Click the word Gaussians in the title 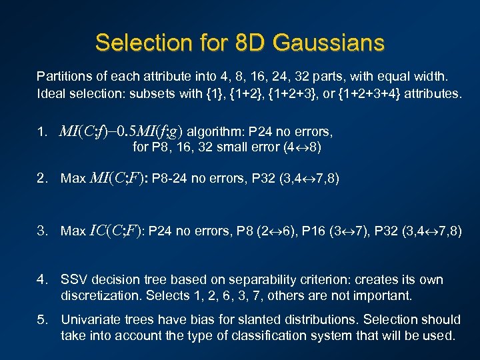pyautogui.click(x=331, y=43)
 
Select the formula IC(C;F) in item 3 pyautogui.click(x=116, y=231)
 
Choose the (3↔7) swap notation pyautogui.click(x=353, y=231)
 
